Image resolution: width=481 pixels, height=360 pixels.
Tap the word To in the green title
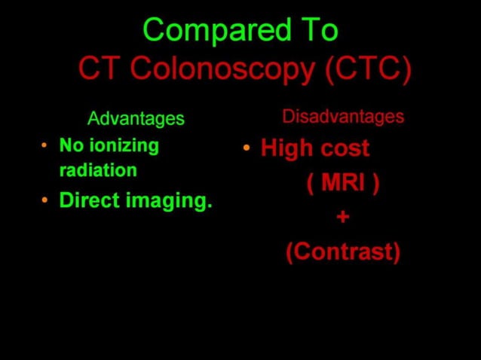click(314, 31)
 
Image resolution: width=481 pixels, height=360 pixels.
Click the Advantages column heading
click(136, 119)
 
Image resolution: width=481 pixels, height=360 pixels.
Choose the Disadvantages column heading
click(343, 117)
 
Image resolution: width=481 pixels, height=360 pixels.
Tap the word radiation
click(98, 170)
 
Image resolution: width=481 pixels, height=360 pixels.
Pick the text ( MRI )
click(342, 183)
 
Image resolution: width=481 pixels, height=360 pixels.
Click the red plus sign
click(343, 218)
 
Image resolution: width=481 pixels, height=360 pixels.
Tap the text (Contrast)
click(343, 252)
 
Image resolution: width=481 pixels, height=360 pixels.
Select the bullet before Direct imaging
click(44, 200)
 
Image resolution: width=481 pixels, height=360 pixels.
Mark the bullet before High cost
click(247, 148)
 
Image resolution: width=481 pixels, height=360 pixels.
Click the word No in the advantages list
click(71, 145)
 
